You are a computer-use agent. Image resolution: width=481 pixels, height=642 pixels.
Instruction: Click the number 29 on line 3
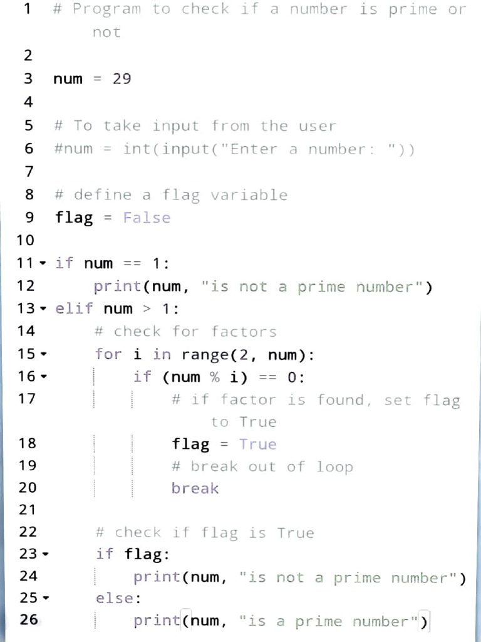tap(122, 79)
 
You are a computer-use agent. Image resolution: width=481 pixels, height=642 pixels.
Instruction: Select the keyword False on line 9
tap(147, 218)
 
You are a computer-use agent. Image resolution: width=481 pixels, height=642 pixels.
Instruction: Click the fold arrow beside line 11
tap(43, 263)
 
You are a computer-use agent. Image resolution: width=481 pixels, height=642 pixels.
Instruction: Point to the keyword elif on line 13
tap(74, 308)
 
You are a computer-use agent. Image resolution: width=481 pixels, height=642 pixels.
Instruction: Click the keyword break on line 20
tap(195, 488)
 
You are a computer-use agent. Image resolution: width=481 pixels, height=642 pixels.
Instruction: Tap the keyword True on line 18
tap(257, 444)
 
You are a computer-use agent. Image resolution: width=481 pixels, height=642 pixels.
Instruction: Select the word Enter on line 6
tap(254, 149)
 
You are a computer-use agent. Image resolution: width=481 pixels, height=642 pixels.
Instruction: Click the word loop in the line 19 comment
tap(334, 466)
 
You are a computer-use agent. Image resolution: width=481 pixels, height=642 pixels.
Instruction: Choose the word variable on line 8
tap(249, 195)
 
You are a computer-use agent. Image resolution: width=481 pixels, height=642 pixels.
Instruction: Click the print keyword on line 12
tap(118, 287)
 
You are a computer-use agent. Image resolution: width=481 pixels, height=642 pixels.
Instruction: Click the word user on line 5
tap(317, 126)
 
